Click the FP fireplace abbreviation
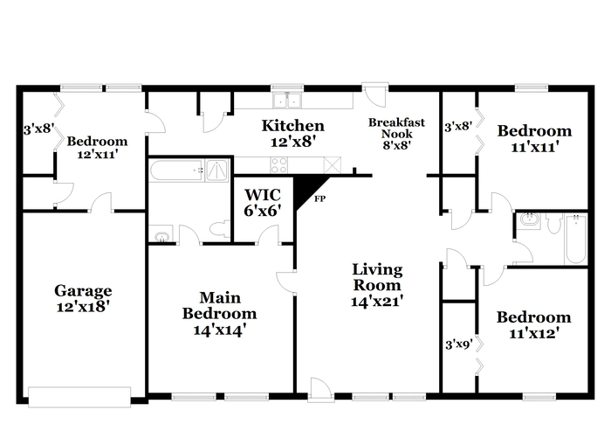(320, 198)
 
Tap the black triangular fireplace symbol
(308, 191)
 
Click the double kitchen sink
(287, 101)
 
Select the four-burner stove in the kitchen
(279, 164)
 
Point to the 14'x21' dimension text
(377, 302)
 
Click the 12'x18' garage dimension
(82, 307)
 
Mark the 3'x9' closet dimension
(459, 344)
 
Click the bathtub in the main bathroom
(176, 170)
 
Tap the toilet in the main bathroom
(220, 229)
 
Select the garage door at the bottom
(79, 397)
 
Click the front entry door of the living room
(320, 390)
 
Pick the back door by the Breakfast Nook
(374, 94)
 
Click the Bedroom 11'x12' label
(534, 325)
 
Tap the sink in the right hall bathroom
(529, 220)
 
